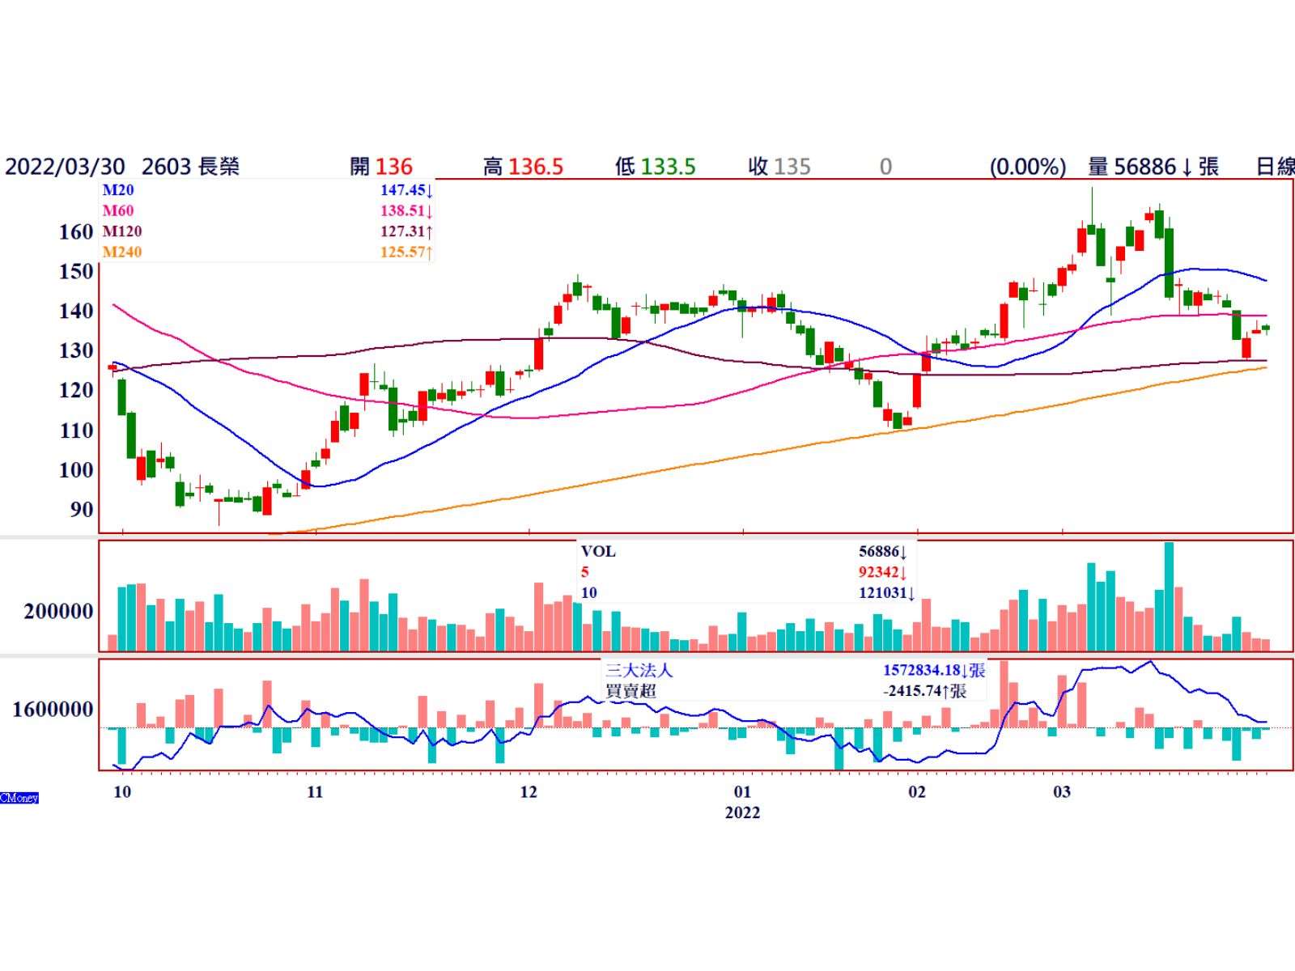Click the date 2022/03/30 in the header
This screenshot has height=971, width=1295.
point(65,167)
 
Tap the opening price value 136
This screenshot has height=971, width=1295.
point(394,167)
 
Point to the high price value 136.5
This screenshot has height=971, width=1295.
point(534,167)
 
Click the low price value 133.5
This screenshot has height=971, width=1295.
point(668,167)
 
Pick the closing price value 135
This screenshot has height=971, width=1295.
point(792,167)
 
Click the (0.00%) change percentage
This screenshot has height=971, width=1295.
point(1027,167)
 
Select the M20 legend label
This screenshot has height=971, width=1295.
point(118,190)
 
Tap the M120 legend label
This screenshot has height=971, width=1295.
point(122,231)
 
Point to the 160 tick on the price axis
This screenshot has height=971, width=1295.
point(76,232)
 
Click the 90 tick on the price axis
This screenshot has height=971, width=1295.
point(82,510)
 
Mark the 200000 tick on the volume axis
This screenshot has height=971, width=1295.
point(58,612)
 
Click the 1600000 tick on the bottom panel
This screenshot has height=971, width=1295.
point(53,710)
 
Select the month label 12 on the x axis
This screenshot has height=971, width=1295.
point(528,791)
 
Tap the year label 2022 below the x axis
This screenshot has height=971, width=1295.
point(742,812)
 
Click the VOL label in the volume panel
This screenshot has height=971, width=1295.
point(598,552)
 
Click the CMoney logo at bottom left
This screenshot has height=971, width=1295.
point(19,798)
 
